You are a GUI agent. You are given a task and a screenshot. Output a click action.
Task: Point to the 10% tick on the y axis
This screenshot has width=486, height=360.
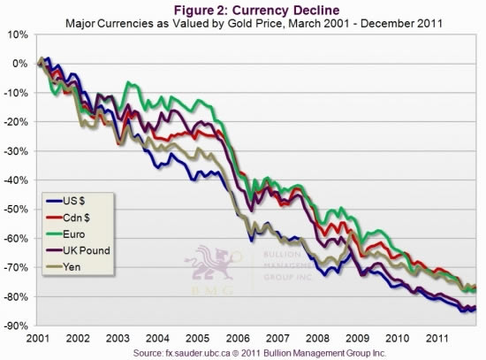19,34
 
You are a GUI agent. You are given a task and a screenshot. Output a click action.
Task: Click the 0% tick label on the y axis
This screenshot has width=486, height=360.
22,64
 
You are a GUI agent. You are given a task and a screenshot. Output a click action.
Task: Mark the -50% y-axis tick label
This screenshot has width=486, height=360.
18,209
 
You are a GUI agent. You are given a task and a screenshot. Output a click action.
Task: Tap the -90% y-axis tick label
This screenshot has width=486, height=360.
18,326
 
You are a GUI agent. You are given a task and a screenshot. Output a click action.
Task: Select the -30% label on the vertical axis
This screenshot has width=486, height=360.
18,150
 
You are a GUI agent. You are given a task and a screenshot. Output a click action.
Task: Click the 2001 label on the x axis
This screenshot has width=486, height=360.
38,338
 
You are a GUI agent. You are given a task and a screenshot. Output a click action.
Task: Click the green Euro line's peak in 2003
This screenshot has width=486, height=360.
131,83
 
